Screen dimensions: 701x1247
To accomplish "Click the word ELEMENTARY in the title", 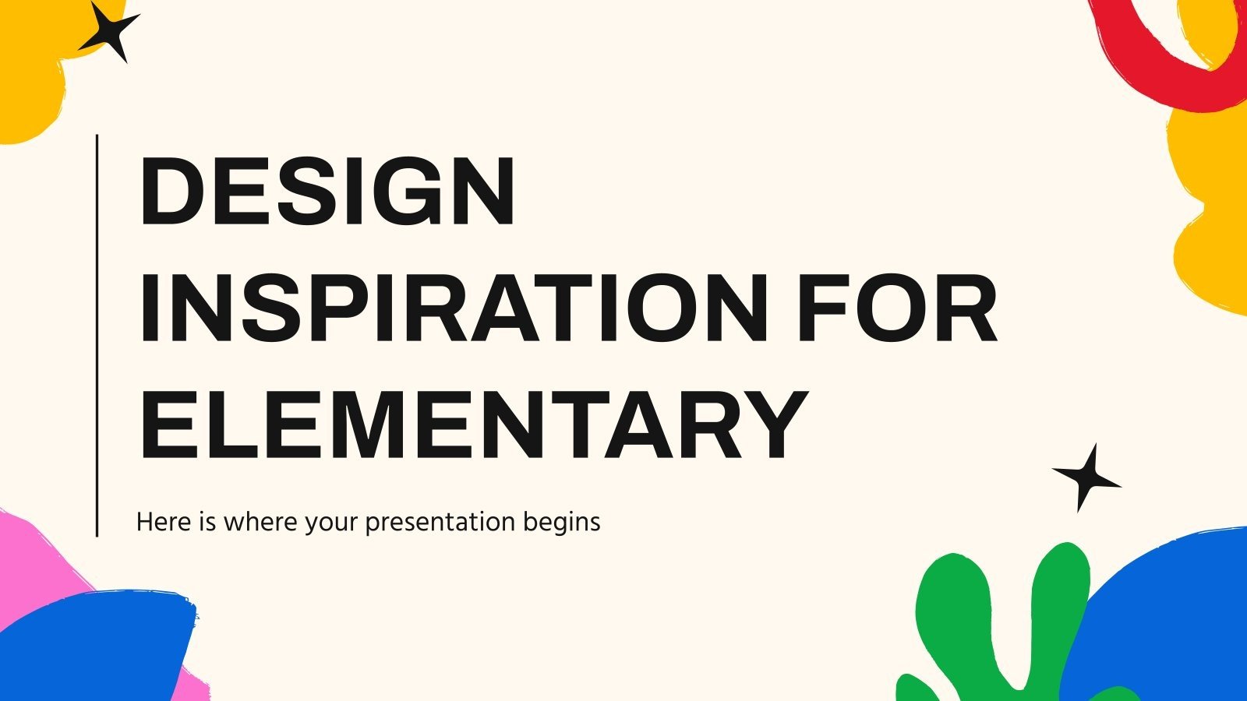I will (472, 424).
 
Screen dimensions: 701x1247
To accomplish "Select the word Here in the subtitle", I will (164, 522).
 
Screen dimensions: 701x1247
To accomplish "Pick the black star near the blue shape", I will (1086, 477).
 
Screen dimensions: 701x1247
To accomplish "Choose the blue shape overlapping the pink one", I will (94, 646).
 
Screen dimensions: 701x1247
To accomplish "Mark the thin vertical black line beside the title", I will (97, 335).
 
